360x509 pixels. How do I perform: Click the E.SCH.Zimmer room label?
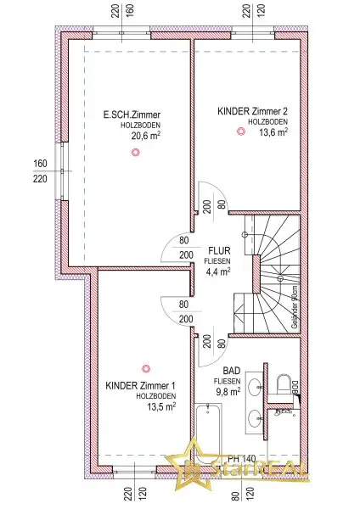[x=132, y=114]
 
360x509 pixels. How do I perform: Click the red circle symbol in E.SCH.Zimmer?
[x=134, y=153]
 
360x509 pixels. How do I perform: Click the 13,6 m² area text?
[x=272, y=132]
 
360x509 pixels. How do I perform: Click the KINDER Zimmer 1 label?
[x=140, y=386]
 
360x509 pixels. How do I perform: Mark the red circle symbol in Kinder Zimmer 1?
[x=146, y=368]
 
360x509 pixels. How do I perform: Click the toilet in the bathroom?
[x=284, y=384]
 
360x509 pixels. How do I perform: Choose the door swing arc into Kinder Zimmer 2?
[x=209, y=197]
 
